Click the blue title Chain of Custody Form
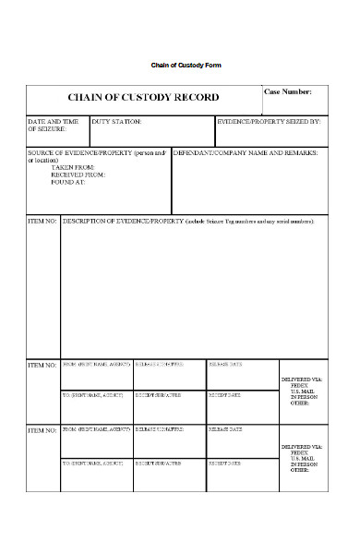[186, 66]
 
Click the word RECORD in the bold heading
[195, 97]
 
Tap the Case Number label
[288, 92]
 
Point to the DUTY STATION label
[117, 121]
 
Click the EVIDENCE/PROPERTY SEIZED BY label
[268, 121]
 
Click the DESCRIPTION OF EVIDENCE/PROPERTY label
[123, 223]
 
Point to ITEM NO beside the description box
[42, 223]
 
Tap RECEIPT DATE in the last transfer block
[225, 462]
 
